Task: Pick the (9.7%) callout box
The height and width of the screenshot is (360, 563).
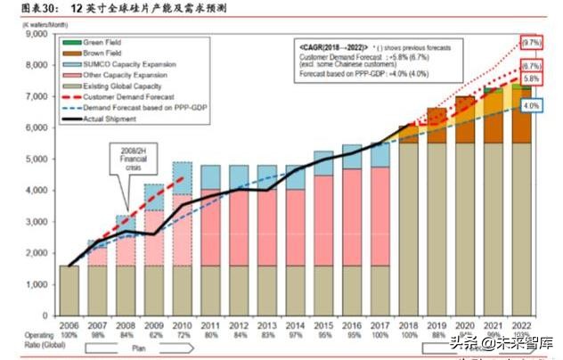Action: point(530,42)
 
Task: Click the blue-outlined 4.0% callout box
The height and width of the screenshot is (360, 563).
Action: point(530,105)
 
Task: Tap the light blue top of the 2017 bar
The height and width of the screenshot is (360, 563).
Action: point(379,155)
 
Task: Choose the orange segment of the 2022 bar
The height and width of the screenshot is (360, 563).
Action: point(523,116)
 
